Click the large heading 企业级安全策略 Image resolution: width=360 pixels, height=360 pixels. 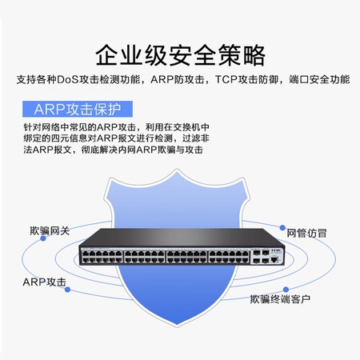[180, 55]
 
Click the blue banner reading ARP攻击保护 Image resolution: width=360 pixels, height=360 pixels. [78, 109]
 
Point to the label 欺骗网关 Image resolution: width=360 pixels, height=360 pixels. [50, 230]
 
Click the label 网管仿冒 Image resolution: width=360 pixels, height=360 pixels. [306, 233]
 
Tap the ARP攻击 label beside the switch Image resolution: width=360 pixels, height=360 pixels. [44, 282]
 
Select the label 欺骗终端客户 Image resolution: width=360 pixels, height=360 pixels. [280, 299]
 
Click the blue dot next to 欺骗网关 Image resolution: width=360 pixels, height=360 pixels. [43, 238]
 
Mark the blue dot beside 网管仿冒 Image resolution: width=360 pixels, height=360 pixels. [282, 227]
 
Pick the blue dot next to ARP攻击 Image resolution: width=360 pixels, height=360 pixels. [67, 290]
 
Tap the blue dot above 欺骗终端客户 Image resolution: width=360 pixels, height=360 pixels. [286, 290]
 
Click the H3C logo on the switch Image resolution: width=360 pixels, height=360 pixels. [276, 250]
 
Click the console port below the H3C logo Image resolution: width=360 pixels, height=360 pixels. [274, 258]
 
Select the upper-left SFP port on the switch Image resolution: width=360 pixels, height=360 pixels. [257, 252]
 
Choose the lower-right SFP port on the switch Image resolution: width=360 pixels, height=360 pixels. [266, 260]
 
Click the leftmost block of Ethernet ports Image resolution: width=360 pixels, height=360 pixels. [102, 257]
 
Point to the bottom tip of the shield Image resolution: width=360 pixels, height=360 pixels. [177, 326]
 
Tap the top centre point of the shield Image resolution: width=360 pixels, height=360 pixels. [177, 170]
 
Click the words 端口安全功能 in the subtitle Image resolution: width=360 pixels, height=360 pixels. [319, 79]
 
